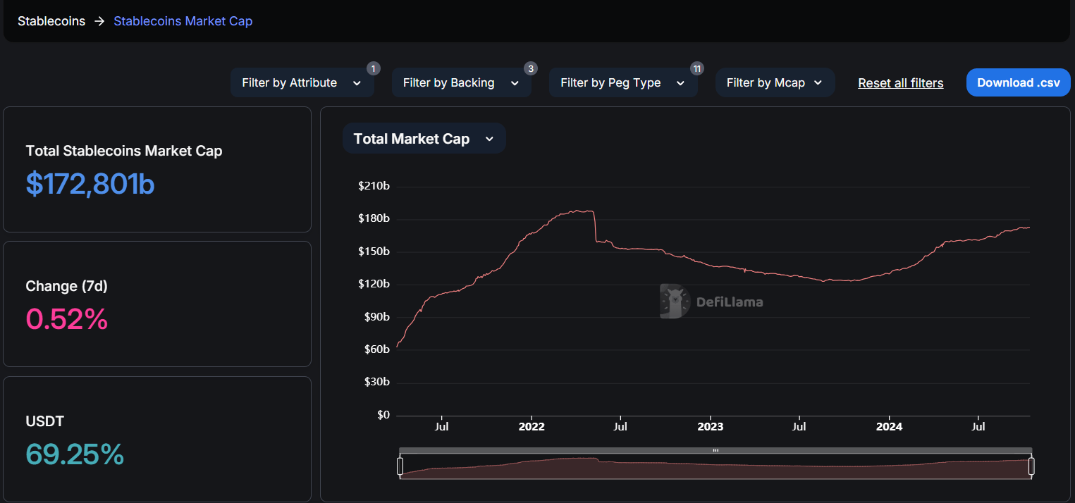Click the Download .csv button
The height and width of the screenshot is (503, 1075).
[x=1018, y=82]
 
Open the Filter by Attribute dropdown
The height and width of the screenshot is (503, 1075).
[x=302, y=82]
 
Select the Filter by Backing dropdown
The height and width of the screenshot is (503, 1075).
[x=461, y=82]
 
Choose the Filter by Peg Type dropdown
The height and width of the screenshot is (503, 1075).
[x=622, y=82]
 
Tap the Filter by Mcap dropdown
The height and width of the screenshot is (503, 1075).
[x=775, y=82]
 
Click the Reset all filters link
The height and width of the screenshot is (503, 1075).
[x=900, y=83]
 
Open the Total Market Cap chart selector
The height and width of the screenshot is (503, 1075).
[x=424, y=139]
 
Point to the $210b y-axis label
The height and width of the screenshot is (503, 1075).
[x=374, y=187]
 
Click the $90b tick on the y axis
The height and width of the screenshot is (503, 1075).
[x=376, y=317]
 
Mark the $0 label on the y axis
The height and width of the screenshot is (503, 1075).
[x=383, y=415]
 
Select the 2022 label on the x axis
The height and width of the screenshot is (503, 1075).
[x=532, y=427]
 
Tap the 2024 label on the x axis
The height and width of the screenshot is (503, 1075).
[x=889, y=427]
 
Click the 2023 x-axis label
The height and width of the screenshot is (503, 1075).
[x=710, y=427]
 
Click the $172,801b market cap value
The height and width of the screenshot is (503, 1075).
[x=90, y=184]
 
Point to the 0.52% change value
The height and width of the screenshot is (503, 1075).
[x=67, y=319]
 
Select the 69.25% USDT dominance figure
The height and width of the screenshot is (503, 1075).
[x=75, y=454]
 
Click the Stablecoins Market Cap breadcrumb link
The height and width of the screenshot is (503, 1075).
[x=183, y=21]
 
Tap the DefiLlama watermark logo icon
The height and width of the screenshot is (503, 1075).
[x=674, y=302]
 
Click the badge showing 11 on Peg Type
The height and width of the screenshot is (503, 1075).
[x=697, y=68]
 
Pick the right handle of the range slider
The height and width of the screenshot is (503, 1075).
[x=1031, y=466]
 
